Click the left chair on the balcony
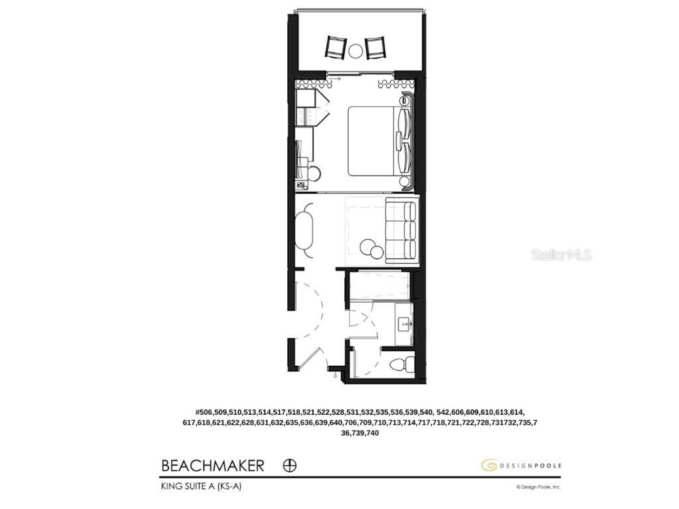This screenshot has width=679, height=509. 336,47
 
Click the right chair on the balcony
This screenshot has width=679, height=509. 376,47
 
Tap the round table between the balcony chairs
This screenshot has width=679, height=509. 356,49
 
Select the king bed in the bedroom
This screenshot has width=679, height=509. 373,141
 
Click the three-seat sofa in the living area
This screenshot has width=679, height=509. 401,231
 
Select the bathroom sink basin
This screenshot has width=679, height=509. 404,324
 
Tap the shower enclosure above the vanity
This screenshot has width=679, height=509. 379,286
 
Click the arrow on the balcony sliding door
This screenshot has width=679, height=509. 336,78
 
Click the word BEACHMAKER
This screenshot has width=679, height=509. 212,465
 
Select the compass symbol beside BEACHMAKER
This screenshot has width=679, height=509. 290,465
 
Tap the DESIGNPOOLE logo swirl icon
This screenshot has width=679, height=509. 489,465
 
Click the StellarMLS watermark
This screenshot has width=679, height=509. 561,254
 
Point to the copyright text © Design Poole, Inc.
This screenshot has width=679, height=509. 538,486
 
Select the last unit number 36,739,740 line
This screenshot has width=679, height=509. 359,433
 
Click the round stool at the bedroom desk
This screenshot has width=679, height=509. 315,173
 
